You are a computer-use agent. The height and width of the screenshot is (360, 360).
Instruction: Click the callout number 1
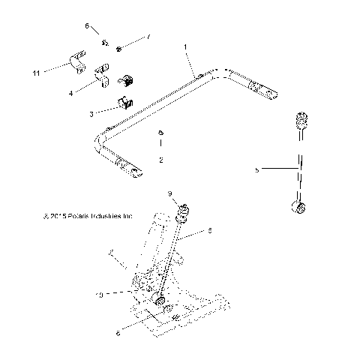[186, 47]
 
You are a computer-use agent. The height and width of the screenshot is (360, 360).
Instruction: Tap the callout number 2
[160, 160]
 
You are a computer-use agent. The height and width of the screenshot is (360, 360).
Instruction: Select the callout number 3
[91, 113]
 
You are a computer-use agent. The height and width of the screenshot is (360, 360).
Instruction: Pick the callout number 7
[148, 35]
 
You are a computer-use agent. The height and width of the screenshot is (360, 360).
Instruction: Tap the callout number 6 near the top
[87, 26]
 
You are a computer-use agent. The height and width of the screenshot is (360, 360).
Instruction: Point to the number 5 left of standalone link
[257, 171]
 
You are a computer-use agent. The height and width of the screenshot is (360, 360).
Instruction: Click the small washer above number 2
[160, 134]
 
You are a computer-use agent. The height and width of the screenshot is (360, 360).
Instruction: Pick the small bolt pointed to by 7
[120, 49]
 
